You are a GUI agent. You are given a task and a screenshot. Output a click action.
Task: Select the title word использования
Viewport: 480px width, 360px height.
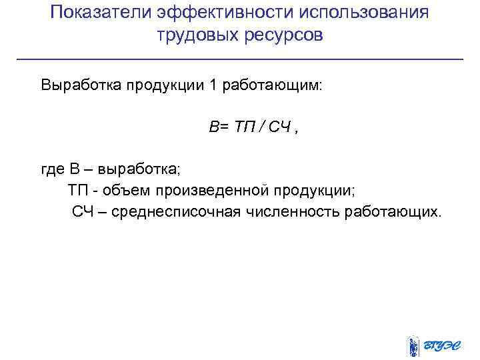pos(359,13)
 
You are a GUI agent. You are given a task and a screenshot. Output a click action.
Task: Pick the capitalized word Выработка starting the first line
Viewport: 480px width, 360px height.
pos(78,86)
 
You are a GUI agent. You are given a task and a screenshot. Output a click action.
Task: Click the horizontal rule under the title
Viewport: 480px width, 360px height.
pos(239,60)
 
